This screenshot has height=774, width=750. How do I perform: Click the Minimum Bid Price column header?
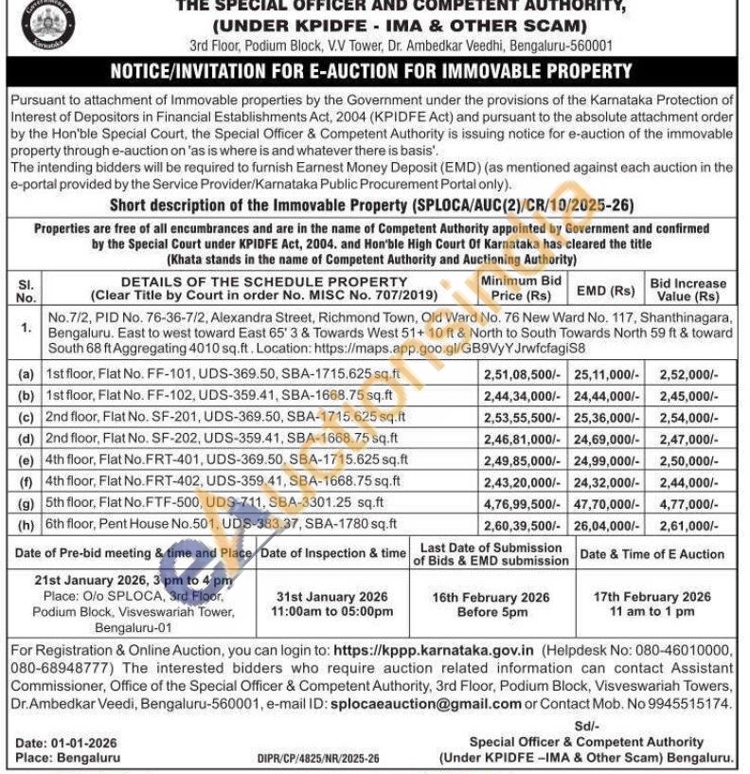520,289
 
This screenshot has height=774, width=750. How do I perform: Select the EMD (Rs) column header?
608,290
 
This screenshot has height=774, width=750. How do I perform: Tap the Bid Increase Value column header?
687,290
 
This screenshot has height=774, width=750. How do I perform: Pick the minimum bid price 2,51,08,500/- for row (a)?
522,374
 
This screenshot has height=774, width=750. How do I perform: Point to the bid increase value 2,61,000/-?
687,523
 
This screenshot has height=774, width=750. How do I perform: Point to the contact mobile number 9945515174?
693,704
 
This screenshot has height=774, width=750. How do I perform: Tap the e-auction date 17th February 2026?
652,596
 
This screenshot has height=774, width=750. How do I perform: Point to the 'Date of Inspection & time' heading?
333,553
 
